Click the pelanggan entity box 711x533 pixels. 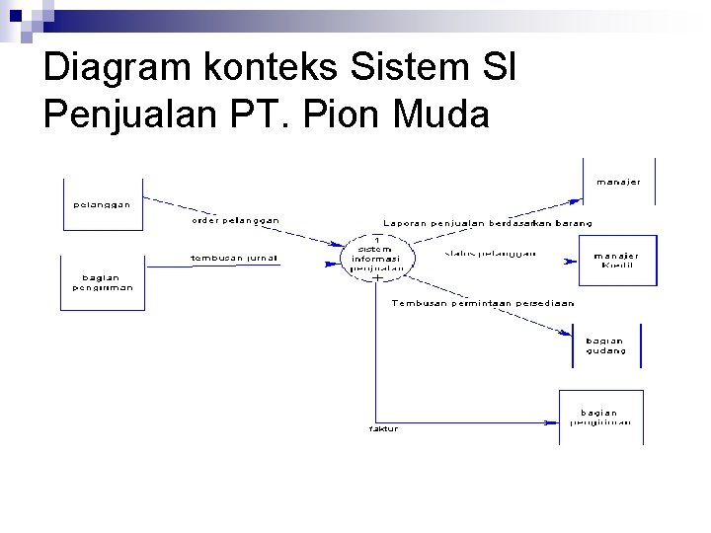tap(103, 204)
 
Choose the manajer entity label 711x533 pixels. tap(618, 182)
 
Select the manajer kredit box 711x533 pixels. tap(616, 261)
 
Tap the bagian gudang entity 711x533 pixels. tap(605, 345)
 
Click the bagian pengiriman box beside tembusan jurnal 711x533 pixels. tap(103, 282)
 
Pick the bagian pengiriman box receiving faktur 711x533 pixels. tap(600, 418)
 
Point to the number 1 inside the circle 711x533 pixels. tap(376, 241)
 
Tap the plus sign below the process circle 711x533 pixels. tap(377, 278)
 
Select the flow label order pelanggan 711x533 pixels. tap(235, 220)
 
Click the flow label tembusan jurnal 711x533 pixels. tap(234, 259)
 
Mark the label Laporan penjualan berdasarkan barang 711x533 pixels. tap(488, 223)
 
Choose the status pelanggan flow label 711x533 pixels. tap(491, 254)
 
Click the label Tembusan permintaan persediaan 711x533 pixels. tap(483, 304)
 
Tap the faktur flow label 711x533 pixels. tap(383, 428)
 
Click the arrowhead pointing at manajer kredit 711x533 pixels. tap(570, 261)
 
